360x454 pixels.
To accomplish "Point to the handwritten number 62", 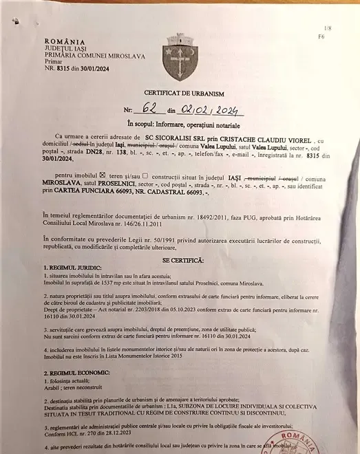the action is (x=148, y=109).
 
